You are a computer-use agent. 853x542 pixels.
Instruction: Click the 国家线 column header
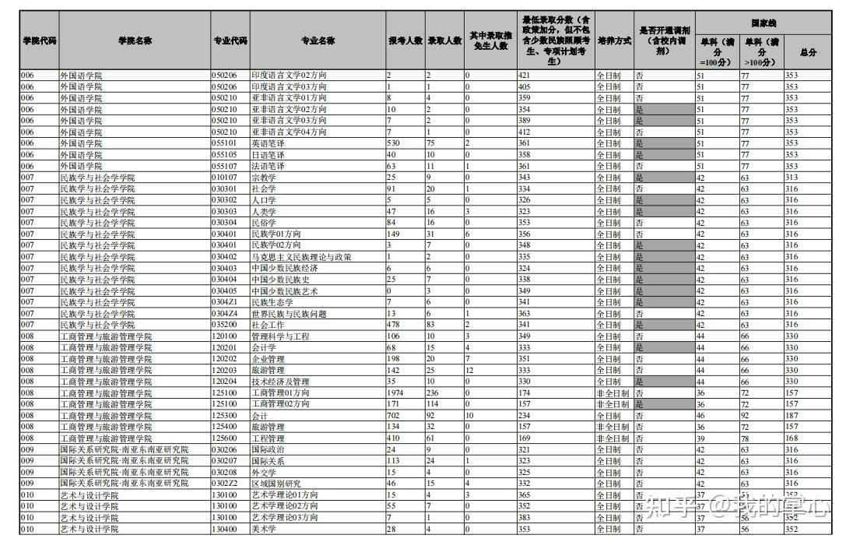coord(763,23)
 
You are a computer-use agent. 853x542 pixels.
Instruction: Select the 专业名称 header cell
coord(318,40)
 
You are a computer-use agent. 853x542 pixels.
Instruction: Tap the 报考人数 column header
coord(405,40)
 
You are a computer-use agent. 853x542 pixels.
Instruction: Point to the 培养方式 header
coord(614,40)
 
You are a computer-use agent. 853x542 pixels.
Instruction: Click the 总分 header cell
coord(808,52)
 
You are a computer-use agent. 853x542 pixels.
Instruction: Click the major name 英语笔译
coord(268,143)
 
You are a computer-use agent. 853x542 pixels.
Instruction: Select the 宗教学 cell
coord(264,178)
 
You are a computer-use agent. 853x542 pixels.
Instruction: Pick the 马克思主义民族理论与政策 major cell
coord(300,257)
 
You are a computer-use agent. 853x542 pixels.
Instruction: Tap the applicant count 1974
coord(396,393)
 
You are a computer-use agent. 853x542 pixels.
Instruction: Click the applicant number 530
coord(393,143)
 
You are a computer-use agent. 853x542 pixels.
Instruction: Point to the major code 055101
coord(224,143)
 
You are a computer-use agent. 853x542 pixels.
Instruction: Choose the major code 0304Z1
coord(224,302)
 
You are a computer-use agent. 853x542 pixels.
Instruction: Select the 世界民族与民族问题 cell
coord(289,314)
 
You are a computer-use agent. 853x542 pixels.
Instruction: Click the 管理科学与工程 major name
coord(280,336)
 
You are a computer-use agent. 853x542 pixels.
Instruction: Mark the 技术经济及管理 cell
coord(280,382)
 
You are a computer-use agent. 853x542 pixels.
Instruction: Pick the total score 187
coord(792,416)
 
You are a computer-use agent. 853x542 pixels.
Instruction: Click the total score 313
coord(792,178)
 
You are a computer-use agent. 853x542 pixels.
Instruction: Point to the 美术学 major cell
coord(264,530)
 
